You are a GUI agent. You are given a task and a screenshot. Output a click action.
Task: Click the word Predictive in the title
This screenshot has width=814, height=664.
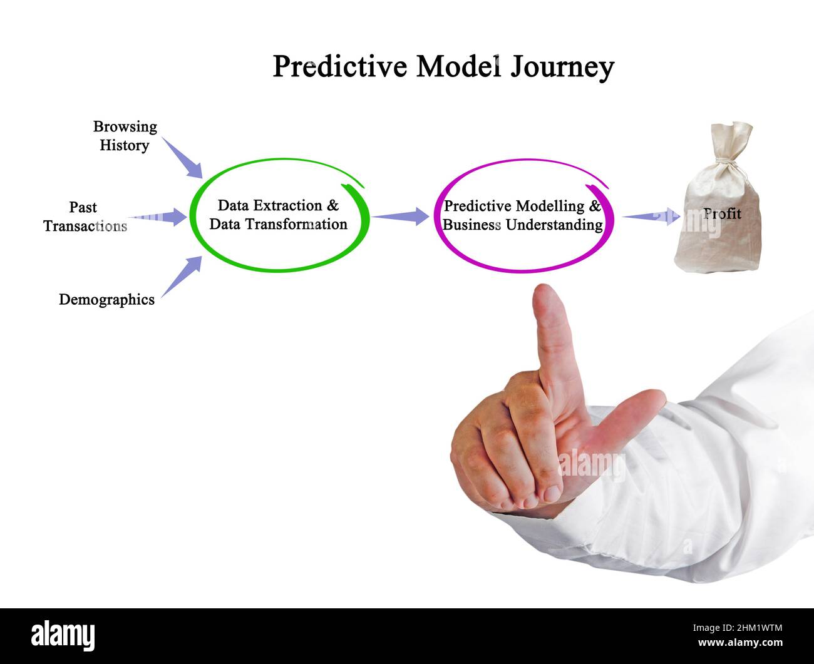click(339, 66)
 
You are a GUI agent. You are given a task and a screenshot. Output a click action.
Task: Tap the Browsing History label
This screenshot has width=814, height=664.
click(125, 136)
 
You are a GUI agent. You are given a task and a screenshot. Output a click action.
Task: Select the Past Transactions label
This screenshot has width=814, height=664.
click(85, 217)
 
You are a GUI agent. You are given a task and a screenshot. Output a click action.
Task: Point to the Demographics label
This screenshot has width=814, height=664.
click(106, 300)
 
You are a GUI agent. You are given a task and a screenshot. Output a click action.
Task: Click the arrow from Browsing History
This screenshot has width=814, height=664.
click(182, 158)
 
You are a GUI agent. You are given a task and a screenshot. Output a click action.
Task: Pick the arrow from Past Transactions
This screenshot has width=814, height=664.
click(157, 217)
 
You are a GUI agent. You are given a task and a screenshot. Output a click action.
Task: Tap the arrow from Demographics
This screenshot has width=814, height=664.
click(182, 277)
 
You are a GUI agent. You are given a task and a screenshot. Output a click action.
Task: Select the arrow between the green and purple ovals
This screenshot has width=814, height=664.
click(400, 216)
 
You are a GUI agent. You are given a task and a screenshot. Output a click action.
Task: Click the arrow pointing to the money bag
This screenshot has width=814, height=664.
click(651, 217)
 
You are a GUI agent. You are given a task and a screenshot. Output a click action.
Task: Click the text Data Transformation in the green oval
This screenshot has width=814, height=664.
click(278, 224)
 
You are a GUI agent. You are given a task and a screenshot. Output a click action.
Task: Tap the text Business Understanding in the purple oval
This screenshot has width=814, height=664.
click(523, 225)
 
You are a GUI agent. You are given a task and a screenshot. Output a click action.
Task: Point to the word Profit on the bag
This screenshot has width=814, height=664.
click(722, 213)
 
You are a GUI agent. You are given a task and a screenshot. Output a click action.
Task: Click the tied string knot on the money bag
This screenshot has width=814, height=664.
click(726, 165)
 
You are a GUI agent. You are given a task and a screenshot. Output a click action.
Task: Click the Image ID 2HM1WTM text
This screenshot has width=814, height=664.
click(738, 628)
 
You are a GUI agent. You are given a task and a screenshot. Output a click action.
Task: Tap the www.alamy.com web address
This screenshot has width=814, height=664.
click(740, 642)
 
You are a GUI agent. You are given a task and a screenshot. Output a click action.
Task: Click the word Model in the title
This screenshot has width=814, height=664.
click(458, 66)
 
